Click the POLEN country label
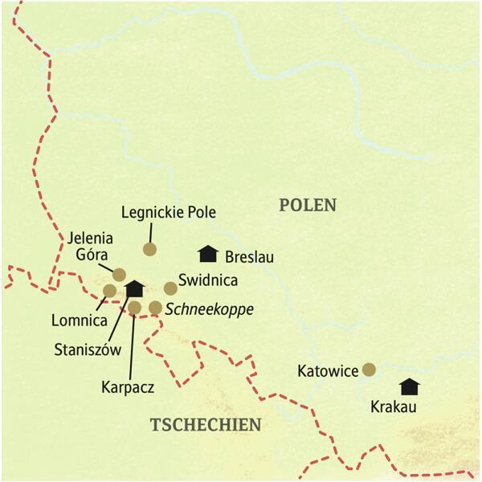308,205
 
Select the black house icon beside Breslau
208,254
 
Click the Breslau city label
251,258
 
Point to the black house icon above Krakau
410,386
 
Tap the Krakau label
394,407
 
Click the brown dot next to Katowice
369,370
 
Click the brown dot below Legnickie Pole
149,249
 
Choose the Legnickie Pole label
169,213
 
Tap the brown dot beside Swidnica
170,288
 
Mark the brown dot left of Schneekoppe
155,308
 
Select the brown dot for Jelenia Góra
119,275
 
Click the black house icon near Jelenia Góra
134,288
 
